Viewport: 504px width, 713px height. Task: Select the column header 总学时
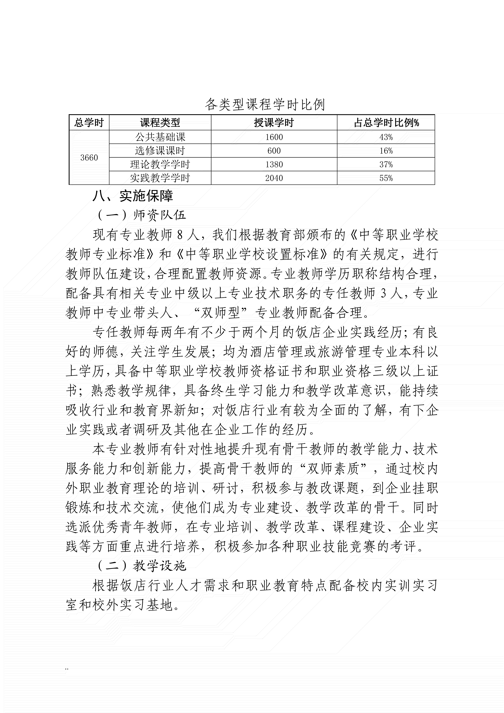pyautogui.click(x=89, y=123)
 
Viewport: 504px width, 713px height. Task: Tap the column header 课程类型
pyautogui.click(x=160, y=123)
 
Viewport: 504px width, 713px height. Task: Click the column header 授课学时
pyautogui.click(x=274, y=123)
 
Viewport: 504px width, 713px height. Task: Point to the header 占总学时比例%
pyautogui.click(x=386, y=123)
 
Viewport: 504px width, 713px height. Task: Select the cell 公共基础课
pyautogui.click(x=160, y=137)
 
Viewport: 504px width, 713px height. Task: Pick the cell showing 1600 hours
pyautogui.click(x=274, y=137)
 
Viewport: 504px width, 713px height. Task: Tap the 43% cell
pyautogui.click(x=386, y=137)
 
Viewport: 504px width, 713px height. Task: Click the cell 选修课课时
pyautogui.click(x=160, y=151)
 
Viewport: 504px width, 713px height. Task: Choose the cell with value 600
pyautogui.click(x=274, y=151)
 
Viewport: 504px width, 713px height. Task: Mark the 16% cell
pyautogui.click(x=386, y=151)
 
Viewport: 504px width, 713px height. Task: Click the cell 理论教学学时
pyautogui.click(x=160, y=164)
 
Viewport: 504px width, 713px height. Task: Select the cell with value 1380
pyautogui.click(x=274, y=164)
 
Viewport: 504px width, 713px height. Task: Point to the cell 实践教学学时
pyautogui.click(x=160, y=178)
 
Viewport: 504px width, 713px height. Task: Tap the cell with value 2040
pyautogui.click(x=274, y=178)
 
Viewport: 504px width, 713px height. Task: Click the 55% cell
pyautogui.click(x=386, y=178)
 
